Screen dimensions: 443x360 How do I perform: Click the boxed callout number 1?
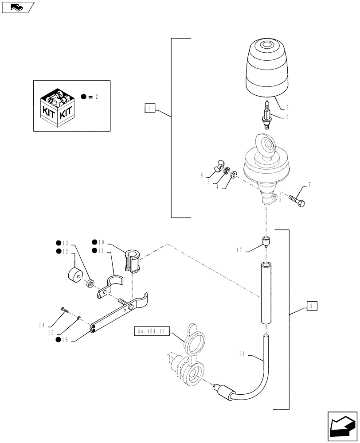click(150, 108)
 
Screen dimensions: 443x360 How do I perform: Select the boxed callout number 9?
click(311, 306)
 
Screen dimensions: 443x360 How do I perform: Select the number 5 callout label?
click(287, 107)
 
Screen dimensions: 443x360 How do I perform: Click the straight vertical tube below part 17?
click(266, 293)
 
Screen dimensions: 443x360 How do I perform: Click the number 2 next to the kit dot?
click(96, 97)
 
